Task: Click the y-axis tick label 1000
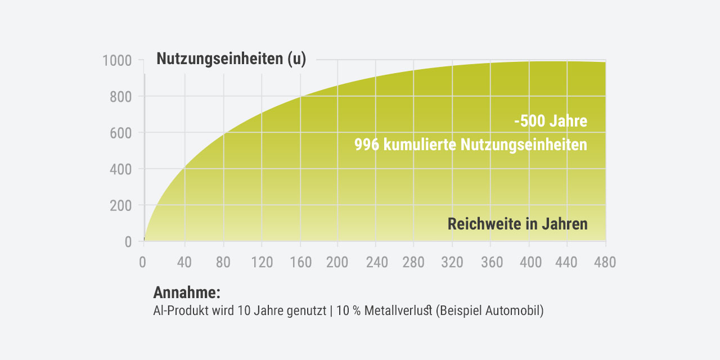pyautogui.click(x=117, y=61)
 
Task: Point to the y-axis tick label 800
pyautogui.click(x=120, y=97)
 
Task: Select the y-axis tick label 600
pyautogui.click(x=120, y=133)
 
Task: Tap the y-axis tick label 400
pyautogui.click(x=120, y=169)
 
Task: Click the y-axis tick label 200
pyautogui.click(x=120, y=205)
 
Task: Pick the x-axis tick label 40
pyautogui.click(x=184, y=262)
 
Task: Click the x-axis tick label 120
pyautogui.click(x=262, y=262)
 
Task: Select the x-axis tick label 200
pyautogui.click(x=337, y=262)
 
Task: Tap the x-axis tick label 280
pyautogui.click(x=413, y=262)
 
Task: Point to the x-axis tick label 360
pyautogui.click(x=490, y=262)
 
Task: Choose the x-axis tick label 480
pyautogui.click(x=605, y=262)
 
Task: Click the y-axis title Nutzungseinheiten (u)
pyautogui.click(x=231, y=59)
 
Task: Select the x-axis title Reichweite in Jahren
pyautogui.click(x=517, y=224)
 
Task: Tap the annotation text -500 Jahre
pyautogui.click(x=551, y=121)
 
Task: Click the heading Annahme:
pyautogui.click(x=186, y=292)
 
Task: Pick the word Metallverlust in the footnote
pyautogui.click(x=398, y=311)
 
